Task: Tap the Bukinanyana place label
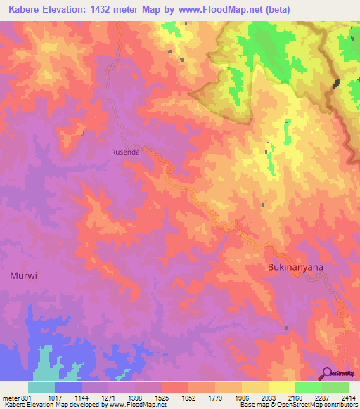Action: coord(295,268)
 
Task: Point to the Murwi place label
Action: coord(23,276)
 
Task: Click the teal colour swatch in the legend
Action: coord(41,387)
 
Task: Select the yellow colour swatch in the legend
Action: coord(282,387)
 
